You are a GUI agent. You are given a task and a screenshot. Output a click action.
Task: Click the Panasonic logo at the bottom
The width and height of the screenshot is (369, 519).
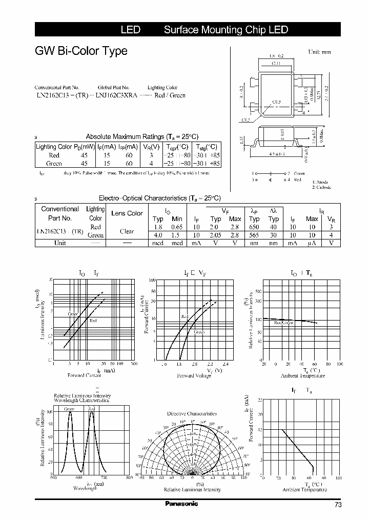click(x=181, y=504)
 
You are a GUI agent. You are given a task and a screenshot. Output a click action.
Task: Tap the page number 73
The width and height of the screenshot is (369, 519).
click(x=338, y=505)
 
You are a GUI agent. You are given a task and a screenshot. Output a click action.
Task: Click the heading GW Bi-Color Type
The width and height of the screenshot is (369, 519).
click(x=81, y=51)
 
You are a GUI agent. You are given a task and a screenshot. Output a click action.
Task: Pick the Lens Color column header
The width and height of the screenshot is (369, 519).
click(x=127, y=213)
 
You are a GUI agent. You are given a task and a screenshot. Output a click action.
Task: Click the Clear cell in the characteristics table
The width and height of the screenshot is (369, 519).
click(x=127, y=231)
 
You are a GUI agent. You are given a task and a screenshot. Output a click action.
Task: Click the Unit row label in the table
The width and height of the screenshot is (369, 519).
click(x=60, y=243)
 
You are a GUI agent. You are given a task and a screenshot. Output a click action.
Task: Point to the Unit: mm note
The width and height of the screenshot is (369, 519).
click(x=319, y=52)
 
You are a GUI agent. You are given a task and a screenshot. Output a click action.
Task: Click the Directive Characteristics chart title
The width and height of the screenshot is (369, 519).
click(x=192, y=413)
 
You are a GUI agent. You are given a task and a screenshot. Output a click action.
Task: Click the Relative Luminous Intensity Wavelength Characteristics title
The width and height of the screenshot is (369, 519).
click(x=82, y=398)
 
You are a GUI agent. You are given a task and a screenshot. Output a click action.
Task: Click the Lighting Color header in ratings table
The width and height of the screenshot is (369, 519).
click(x=54, y=147)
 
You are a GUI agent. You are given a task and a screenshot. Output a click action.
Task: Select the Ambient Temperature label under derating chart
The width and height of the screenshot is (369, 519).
click(x=304, y=490)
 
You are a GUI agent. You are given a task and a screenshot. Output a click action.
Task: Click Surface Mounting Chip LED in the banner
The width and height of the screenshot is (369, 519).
click(x=225, y=30)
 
